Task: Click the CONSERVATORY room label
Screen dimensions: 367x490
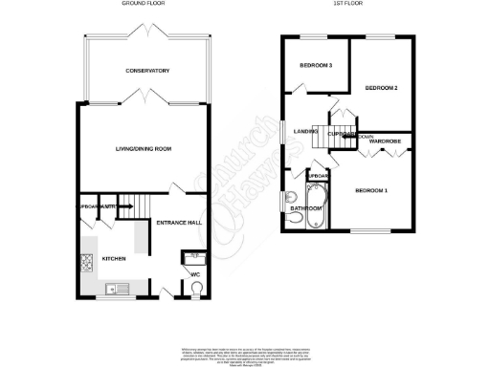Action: (x=146, y=72)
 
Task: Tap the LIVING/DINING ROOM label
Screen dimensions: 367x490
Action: (x=143, y=149)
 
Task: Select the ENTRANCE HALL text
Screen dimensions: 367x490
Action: (x=180, y=223)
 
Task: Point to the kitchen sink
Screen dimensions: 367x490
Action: (x=113, y=289)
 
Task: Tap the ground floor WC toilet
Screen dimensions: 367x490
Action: (x=196, y=291)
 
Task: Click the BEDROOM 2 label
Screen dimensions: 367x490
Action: (x=381, y=88)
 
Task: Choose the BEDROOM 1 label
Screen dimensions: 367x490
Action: (x=372, y=191)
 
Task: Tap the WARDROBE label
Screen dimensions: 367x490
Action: (x=386, y=141)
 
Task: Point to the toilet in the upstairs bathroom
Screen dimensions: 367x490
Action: (x=294, y=220)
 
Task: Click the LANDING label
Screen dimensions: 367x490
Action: (x=304, y=131)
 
